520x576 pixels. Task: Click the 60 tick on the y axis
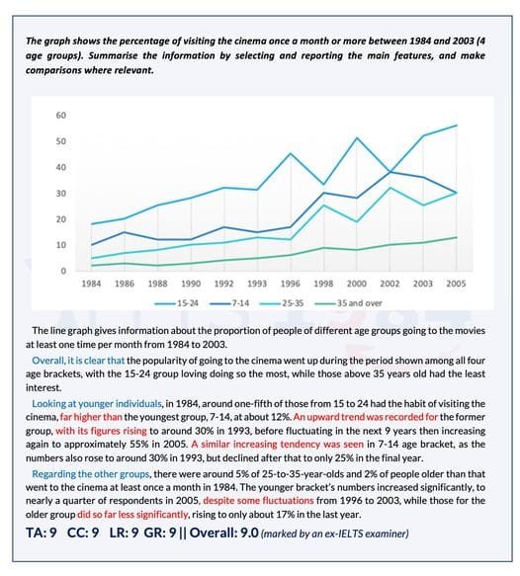pos(61,116)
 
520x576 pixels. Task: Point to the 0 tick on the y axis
pos(63,271)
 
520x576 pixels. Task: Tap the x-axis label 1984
pos(91,284)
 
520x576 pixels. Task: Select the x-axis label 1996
pos(291,284)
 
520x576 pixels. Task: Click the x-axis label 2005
pos(456,284)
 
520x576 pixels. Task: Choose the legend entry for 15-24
pos(176,303)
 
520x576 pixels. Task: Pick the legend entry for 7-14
pos(229,303)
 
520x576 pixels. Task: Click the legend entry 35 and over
pos(348,303)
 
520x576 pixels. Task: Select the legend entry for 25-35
pos(282,303)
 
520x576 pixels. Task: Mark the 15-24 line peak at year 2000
pos(357,137)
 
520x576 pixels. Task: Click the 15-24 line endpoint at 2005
pos(456,125)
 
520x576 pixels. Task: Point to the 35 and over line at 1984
pos(91,265)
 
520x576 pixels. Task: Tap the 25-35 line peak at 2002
pos(390,188)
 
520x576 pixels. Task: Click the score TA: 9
pos(42,533)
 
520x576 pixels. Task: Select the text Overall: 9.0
pos(223,533)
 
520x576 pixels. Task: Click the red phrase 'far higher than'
pos(91,417)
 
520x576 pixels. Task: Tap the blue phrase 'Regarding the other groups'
pos(90,474)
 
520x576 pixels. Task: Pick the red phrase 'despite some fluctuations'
pos(258,501)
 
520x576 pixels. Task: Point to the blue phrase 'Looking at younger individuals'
pos(97,404)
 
